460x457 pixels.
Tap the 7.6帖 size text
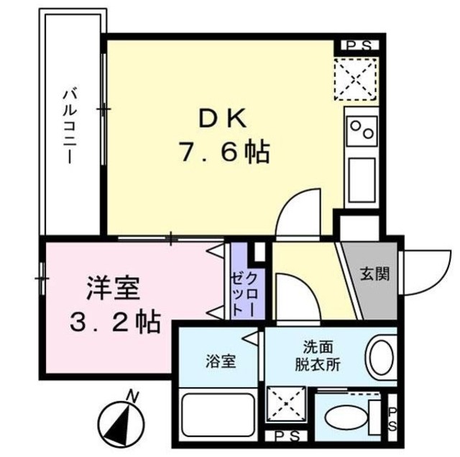pos(223,152)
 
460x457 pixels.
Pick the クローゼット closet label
pos(246,285)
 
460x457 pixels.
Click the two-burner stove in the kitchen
pos(361,130)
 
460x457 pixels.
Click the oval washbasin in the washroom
pos(381,356)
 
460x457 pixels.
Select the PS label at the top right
pos(358,45)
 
